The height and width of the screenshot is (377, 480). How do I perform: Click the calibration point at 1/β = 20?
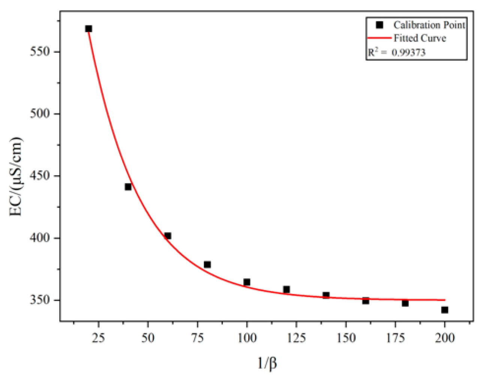click(x=88, y=29)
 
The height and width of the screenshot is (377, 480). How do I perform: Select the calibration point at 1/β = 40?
click(x=128, y=187)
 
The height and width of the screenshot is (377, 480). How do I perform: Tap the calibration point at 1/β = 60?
click(x=168, y=236)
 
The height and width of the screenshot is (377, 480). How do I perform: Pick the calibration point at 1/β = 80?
click(x=207, y=265)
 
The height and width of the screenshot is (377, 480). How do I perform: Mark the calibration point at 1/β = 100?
click(x=247, y=282)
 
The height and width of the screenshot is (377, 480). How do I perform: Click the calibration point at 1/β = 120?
click(x=286, y=289)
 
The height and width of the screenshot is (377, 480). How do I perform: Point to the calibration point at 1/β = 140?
click(x=326, y=295)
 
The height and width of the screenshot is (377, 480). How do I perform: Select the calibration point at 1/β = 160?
click(x=366, y=301)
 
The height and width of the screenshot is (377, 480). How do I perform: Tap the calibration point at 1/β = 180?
click(x=405, y=303)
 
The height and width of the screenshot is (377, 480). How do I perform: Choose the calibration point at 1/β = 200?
click(x=445, y=310)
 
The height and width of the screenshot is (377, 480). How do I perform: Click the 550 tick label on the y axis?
click(x=40, y=51)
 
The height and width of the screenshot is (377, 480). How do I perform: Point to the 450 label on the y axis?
click(x=40, y=176)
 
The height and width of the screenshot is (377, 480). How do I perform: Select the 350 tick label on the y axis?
click(x=40, y=300)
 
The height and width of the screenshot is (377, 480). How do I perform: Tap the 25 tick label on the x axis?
click(x=98, y=338)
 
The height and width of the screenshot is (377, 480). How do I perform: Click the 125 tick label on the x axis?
click(x=296, y=338)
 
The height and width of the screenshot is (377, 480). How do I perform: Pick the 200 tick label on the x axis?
click(x=445, y=338)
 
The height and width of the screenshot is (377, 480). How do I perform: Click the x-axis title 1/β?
click(x=267, y=363)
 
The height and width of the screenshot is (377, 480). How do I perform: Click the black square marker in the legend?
click(x=379, y=25)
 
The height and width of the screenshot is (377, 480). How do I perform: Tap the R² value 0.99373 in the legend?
click(x=409, y=52)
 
